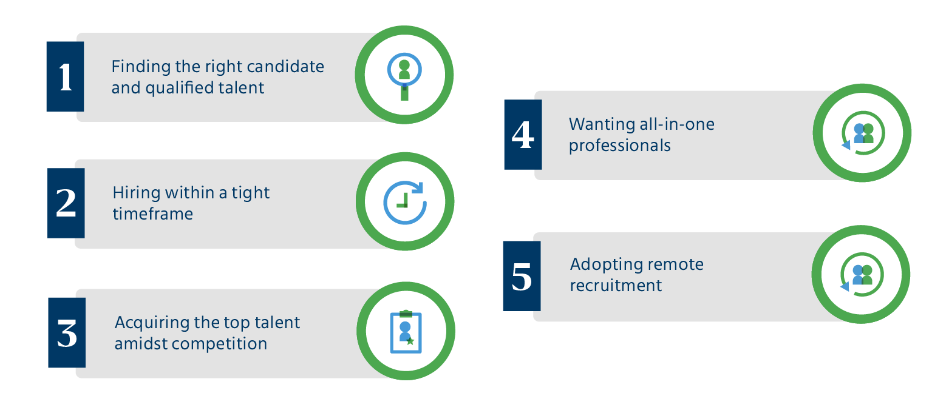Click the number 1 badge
[65, 76]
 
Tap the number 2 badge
[66, 203]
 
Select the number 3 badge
[67, 332]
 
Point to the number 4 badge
[523, 135]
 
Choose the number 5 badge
[522, 276]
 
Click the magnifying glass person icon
[404, 77]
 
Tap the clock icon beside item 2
[405, 202]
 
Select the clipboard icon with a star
[406, 332]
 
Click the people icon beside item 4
[863, 133]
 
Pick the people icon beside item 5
[862, 275]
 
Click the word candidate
[285, 67]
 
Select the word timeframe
[153, 214]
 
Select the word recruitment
[616, 286]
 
